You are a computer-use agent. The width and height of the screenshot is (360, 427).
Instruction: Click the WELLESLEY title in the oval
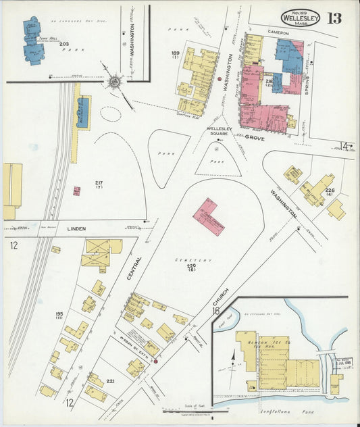[x=301, y=17]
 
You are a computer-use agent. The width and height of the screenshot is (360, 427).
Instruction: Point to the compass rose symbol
[x=113, y=82]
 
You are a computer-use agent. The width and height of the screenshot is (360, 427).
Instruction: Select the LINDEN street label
[x=76, y=229]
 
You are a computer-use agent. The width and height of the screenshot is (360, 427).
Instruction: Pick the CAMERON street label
[x=277, y=32]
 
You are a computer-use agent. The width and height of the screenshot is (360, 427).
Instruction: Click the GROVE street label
[x=255, y=137]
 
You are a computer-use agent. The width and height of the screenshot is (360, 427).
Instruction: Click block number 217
[x=99, y=183]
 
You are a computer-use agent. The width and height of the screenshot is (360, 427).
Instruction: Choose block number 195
[x=59, y=315]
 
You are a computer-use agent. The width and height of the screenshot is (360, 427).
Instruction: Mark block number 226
[x=330, y=191]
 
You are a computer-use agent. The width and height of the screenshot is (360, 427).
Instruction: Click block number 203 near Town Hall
[x=63, y=45]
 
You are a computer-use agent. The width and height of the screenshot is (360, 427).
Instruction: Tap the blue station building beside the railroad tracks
[x=82, y=112]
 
